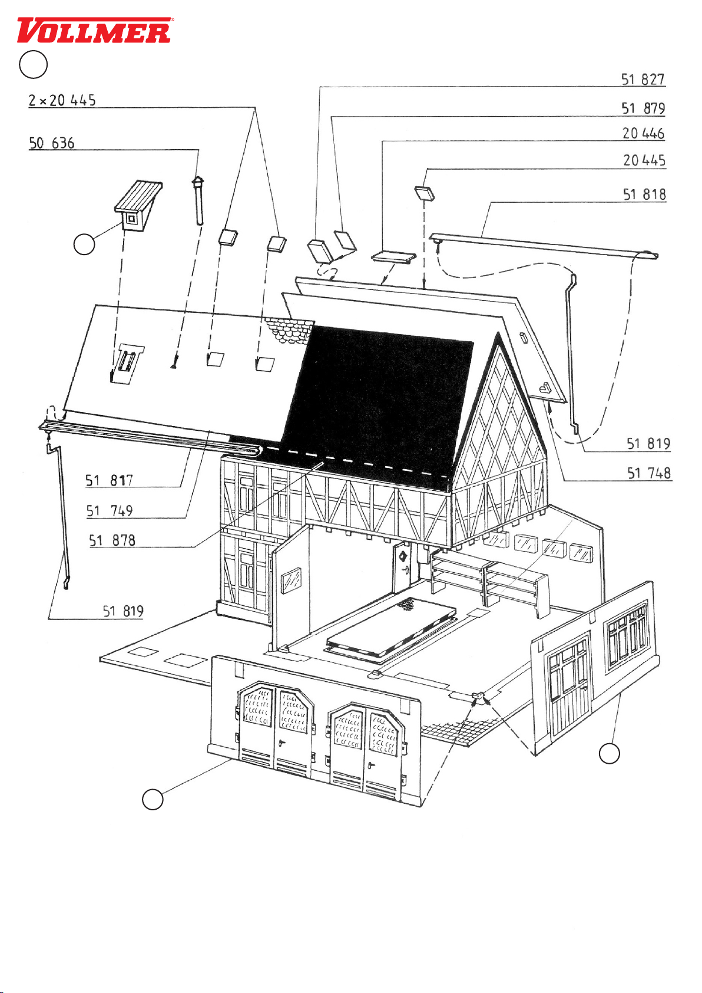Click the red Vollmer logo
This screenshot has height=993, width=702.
coord(94,30)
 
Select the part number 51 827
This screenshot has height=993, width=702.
coord(643,80)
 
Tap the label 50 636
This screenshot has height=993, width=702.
coord(52,143)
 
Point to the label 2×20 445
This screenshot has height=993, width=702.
coord(62,100)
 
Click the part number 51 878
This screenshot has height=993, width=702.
coord(112,540)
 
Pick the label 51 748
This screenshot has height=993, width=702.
coord(649,473)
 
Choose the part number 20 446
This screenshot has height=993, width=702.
coord(644,133)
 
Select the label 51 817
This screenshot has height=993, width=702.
coord(109,480)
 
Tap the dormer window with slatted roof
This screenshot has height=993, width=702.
coord(138,205)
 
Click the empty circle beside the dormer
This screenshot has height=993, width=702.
coord(84,244)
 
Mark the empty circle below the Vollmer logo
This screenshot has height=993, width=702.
coord(33,64)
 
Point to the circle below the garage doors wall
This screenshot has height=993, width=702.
coord(153,799)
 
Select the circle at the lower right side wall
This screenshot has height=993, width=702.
coord(609,753)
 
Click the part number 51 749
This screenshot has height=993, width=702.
coord(110,511)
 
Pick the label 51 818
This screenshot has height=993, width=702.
coord(644,194)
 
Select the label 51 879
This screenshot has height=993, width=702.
coord(643,108)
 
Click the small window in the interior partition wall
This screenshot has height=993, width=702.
coord(291,580)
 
